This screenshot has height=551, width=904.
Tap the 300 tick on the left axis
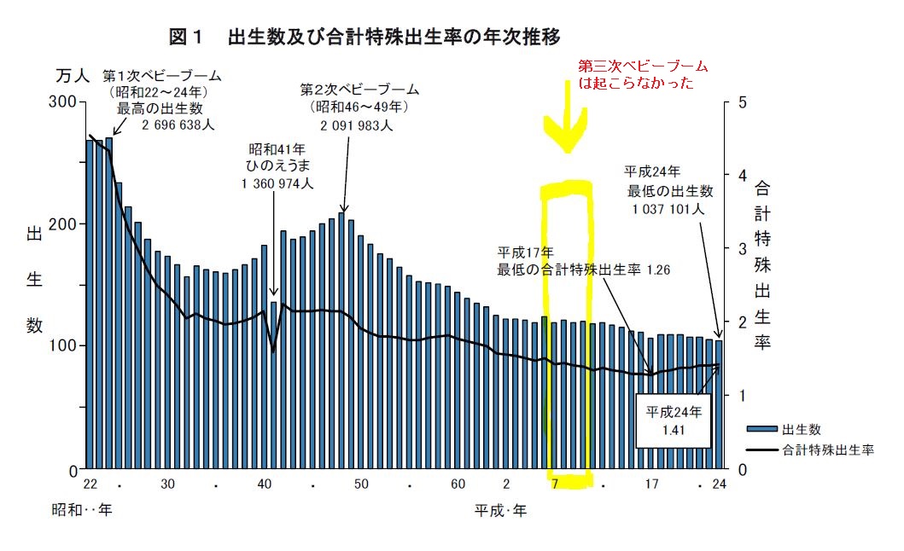tap(64, 101)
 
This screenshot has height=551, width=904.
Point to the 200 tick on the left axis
tap(64, 223)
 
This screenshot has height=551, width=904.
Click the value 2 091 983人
tap(356, 125)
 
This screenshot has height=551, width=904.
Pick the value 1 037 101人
tap(668, 207)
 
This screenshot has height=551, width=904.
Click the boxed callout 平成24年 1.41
tap(674, 419)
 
